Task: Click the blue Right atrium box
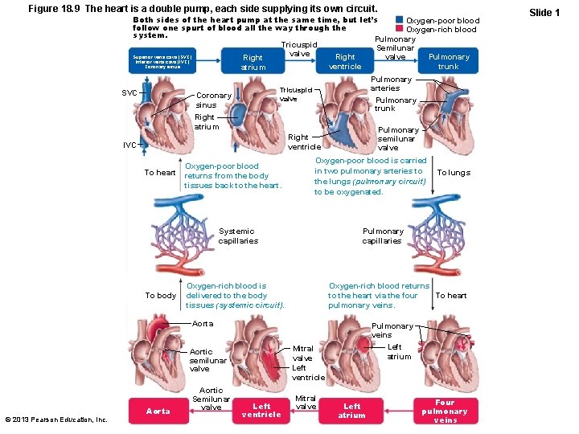(x=253, y=62)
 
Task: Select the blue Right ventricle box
(x=345, y=62)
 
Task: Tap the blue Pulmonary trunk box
(x=448, y=62)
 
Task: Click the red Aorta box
(x=158, y=411)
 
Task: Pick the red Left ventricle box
(x=261, y=411)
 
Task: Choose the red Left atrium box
(x=351, y=411)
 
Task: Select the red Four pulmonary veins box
(x=445, y=411)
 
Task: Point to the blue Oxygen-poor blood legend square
(x=400, y=20)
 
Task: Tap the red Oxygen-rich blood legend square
(x=400, y=30)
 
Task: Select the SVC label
(x=129, y=92)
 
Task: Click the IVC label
(x=129, y=145)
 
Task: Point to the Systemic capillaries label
(x=237, y=235)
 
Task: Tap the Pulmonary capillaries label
(x=382, y=235)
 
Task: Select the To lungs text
(x=453, y=173)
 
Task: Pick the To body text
(x=160, y=295)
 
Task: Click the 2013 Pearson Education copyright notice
(x=55, y=420)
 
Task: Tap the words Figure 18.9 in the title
(x=53, y=8)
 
